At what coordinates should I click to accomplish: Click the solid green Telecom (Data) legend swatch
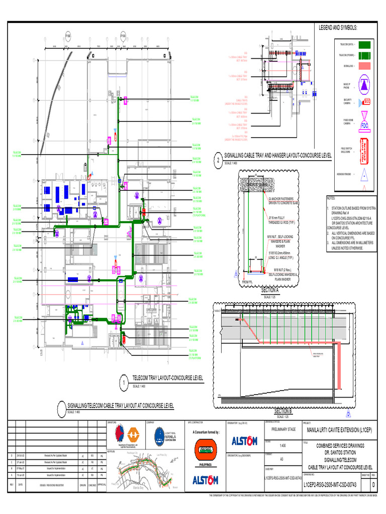click(365, 45)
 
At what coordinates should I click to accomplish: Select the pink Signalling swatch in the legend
click(365, 66)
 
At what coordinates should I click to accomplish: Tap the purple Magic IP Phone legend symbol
click(365, 85)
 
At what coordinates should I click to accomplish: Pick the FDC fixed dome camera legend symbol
click(365, 123)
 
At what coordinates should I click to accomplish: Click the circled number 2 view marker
click(218, 160)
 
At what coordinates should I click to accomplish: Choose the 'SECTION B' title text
click(283, 411)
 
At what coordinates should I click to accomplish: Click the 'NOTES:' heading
click(334, 198)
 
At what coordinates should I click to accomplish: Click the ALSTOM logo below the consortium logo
click(206, 480)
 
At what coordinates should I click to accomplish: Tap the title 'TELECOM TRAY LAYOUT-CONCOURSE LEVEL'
click(167, 377)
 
